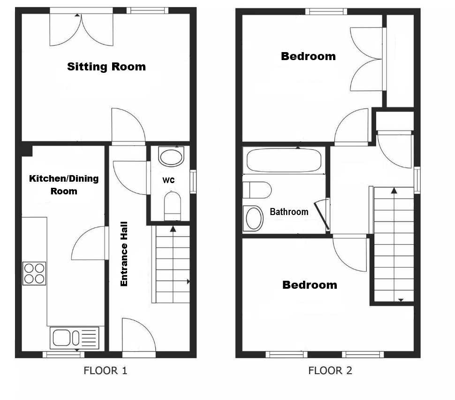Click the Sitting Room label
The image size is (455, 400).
pyautogui.click(x=106, y=67)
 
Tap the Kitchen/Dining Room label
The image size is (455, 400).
pyautogui.click(x=64, y=185)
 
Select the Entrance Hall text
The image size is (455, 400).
pyautogui.click(x=124, y=254)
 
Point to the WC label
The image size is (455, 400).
pyautogui.click(x=168, y=180)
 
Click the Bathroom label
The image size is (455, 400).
pyautogui.click(x=289, y=211)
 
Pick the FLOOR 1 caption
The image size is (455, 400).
pyautogui.click(x=106, y=371)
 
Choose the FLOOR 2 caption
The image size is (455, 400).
pyautogui.click(x=330, y=371)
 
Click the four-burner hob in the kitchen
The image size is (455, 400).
pyautogui.click(x=34, y=273)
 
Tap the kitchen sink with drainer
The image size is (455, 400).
pyautogui.click(x=74, y=338)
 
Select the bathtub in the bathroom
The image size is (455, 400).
pyautogui.click(x=284, y=161)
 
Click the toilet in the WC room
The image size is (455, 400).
pyautogui.click(x=172, y=206)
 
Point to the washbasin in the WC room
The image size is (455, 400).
pyautogui.click(x=171, y=156)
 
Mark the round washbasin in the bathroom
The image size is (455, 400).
pyautogui.click(x=253, y=218)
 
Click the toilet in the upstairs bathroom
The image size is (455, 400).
pyautogui.click(x=257, y=190)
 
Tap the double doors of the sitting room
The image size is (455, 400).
pyautogui.click(x=81, y=30)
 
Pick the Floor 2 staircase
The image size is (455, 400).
pyautogui.click(x=394, y=244)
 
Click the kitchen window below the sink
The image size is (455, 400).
pyautogui.click(x=63, y=354)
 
